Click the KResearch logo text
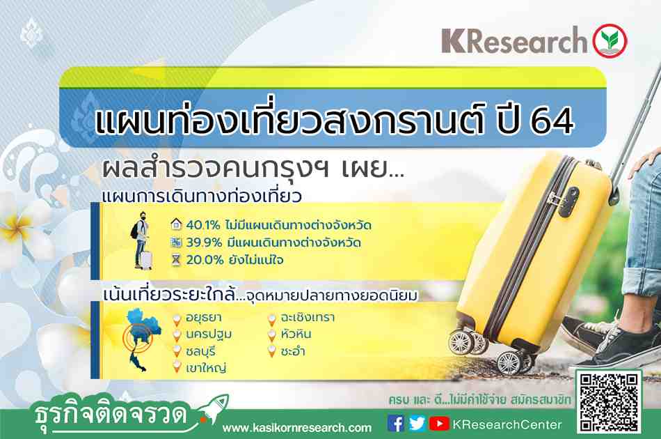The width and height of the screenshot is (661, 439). pos(514,40)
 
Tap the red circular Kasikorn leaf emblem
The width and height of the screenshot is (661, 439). pos(610,40)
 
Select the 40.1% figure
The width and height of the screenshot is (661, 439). pos(202,225)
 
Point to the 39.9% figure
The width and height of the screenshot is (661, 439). pos(204,242)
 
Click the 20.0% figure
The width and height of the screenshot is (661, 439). pos(205,260)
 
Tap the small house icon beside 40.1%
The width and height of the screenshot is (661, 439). pos(176,224)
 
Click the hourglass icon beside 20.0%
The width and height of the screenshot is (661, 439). pos(176,260)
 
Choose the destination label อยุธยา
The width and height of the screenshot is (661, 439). pos(204,318)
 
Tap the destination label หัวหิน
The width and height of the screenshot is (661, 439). pos(296,334)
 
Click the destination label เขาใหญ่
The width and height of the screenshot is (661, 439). pos(206,368)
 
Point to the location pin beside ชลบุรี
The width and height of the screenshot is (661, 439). pos(177,352)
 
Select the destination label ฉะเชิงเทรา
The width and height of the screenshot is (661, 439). pos(308,318)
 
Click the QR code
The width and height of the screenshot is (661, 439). pos(609,401)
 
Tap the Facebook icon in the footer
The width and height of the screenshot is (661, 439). pos(395,424)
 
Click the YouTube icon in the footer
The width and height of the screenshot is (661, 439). pos(439,424)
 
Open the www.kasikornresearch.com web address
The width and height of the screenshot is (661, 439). pos(297,428)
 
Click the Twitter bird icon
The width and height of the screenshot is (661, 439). pos(417,424)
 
